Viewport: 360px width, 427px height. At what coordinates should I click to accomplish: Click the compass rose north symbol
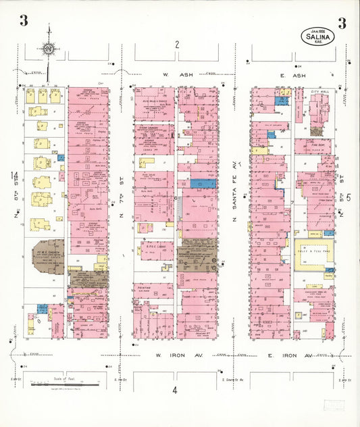pos(49,48)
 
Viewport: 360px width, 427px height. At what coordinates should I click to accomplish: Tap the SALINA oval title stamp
pos(317,36)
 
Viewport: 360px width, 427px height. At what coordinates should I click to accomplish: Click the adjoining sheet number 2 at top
pos(176,45)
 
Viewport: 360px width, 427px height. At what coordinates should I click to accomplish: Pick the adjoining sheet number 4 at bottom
pos(174,390)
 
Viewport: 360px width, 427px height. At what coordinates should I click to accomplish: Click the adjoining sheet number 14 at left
pos(14,177)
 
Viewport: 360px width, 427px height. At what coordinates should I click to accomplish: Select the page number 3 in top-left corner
pos(24,21)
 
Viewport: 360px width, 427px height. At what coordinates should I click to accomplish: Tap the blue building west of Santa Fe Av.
pos(203,183)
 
